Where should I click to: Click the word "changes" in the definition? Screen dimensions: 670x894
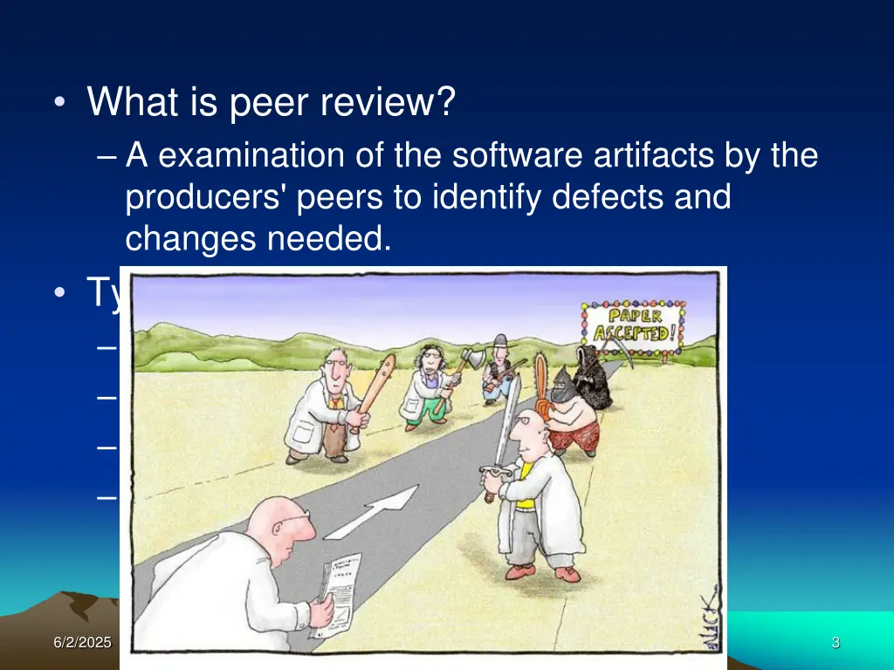click(x=191, y=238)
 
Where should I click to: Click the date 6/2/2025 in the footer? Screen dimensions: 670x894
click(x=82, y=643)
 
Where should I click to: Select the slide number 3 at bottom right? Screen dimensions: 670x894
click(x=836, y=643)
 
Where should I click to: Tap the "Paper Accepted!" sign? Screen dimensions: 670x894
click(x=635, y=325)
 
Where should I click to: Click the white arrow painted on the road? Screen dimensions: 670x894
click(x=375, y=511)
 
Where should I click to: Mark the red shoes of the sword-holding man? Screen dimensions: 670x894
click(x=543, y=572)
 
